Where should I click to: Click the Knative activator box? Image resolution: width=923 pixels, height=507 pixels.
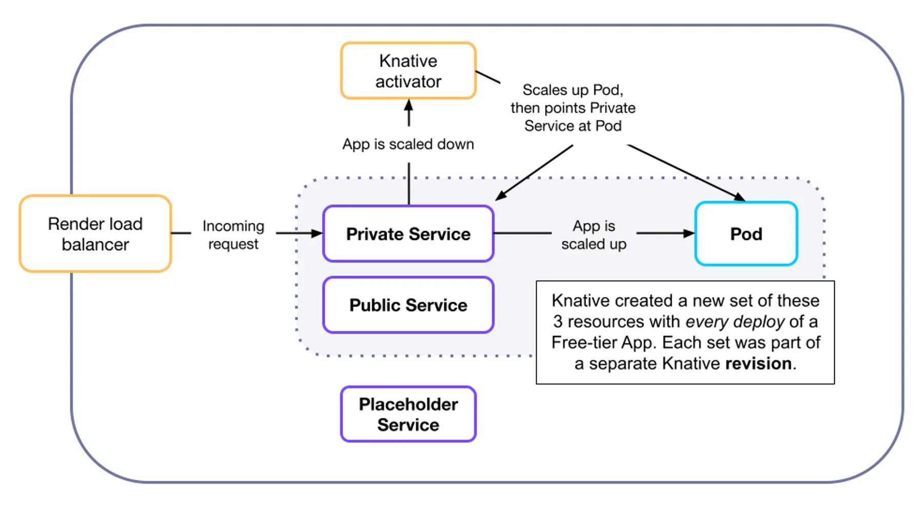tap(408, 71)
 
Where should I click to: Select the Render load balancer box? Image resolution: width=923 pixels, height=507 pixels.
tap(95, 234)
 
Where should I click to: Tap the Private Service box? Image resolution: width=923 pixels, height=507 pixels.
tap(408, 234)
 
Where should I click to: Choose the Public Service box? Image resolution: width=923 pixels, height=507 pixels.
tap(408, 305)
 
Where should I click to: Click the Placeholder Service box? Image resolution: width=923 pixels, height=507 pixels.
tap(408, 414)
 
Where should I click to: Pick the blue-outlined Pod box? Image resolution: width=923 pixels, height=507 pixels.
tap(746, 234)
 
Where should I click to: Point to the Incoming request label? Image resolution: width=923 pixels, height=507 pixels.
tap(233, 235)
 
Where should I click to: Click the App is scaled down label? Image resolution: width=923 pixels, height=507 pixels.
tap(408, 144)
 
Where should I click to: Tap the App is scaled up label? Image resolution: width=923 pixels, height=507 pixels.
tap(594, 235)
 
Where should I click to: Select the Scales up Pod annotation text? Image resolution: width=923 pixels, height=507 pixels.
tap(573, 108)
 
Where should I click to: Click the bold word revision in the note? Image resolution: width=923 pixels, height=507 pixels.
tap(758, 363)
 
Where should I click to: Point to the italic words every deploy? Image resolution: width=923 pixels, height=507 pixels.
tap(735, 321)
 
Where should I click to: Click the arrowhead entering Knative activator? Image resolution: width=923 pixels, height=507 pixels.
tap(409, 105)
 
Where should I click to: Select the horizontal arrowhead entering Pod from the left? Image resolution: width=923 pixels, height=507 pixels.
tap(689, 233)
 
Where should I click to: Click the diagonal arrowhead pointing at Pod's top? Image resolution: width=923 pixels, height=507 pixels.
tap(739, 197)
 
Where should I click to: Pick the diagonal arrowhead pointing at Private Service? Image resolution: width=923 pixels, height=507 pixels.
tap(500, 196)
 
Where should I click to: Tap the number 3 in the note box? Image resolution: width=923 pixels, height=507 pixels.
tap(557, 321)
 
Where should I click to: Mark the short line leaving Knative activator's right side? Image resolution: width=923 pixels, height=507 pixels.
tap(488, 77)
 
